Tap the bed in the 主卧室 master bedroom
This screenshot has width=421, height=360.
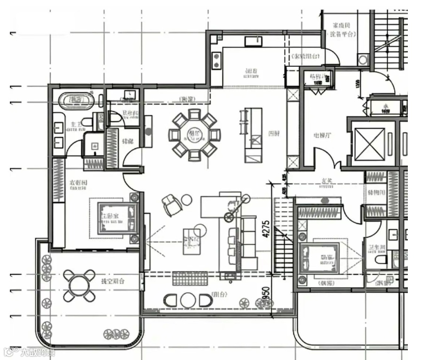[117, 218]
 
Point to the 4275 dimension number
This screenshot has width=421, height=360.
[266, 230]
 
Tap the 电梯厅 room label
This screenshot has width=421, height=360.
[323, 136]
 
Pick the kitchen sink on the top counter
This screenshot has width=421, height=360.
[253, 41]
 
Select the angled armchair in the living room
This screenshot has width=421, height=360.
[172, 205]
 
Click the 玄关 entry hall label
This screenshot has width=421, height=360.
[328, 180]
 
